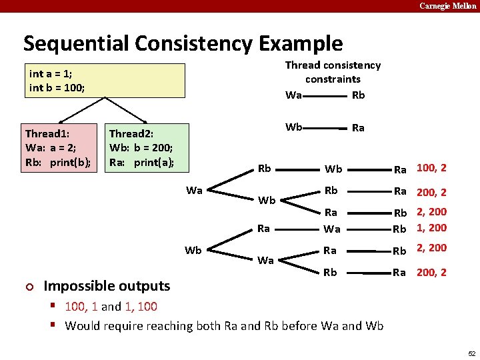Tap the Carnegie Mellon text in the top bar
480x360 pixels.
point(448,5)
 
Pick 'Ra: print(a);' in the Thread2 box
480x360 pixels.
point(141,162)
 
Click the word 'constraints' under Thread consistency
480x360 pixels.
point(333,79)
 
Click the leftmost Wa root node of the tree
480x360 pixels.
point(194,191)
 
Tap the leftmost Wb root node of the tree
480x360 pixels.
point(193,251)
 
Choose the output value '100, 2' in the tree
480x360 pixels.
point(431,168)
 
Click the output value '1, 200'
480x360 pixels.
point(431,227)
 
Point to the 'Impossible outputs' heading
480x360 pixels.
point(107,286)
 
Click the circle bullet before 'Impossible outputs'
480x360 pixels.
point(29,287)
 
